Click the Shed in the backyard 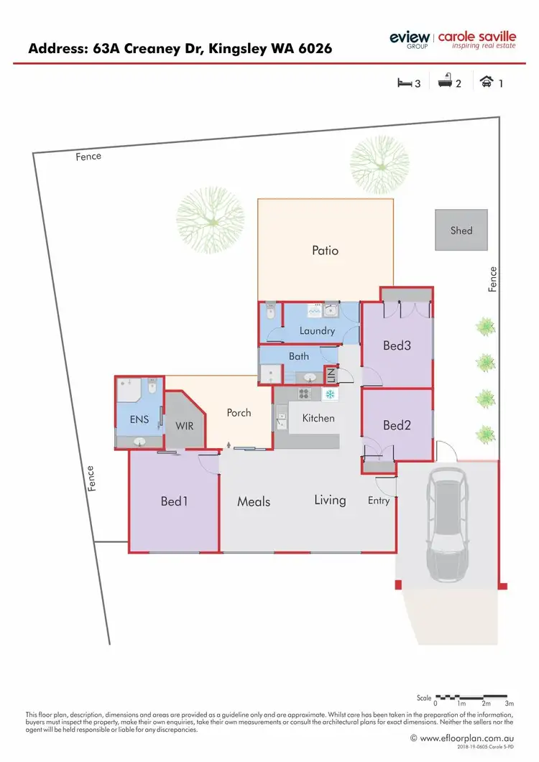[x=461, y=231]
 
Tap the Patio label [x=325, y=251]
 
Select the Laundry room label [x=317, y=331]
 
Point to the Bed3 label [x=397, y=345]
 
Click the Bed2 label [x=397, y=425]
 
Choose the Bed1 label [x=174, y=501]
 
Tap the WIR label [x=185, y=425]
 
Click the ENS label [x=139, y=419]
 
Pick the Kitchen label [x=318, y=418]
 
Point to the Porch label [x=239, y=412]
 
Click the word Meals [x=254, y=501]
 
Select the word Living [x=330, y=500]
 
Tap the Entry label [x=378, y=501]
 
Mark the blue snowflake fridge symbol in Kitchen [x=330, y=394]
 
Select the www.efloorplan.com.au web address [x=466, y=738]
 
